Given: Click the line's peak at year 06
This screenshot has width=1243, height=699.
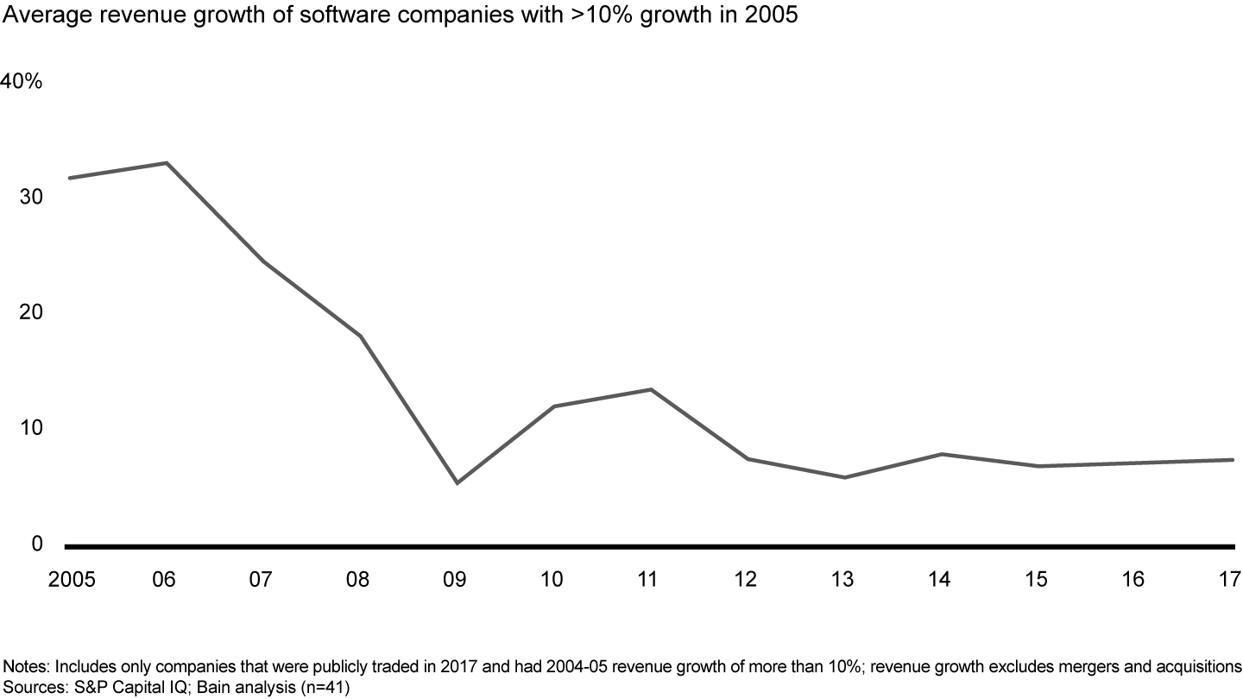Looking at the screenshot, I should (166, 162).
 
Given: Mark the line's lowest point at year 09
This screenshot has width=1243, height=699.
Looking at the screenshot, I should (457, 482).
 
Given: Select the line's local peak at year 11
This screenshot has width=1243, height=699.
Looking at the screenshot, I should (650, 389).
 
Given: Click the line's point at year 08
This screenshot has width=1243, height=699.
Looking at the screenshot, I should (360, 336).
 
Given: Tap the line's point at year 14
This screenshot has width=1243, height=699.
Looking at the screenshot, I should (941, 454).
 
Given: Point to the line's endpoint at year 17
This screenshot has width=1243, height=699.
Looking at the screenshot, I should (1232, 460).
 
